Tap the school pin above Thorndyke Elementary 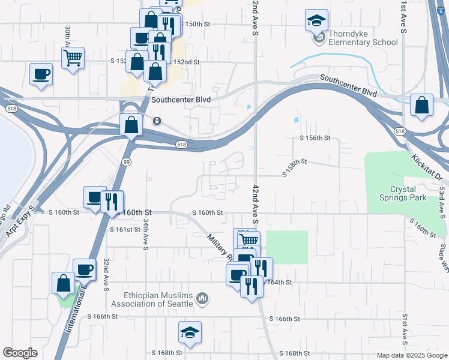(316, 22)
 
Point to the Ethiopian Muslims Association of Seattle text (158, 299)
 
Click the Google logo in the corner (20, 353)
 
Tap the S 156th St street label (315, 138)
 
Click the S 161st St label (124, 229)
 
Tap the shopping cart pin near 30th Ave (73, 59)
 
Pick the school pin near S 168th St (190, 332)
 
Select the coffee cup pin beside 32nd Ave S (84, 271)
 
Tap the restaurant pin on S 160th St (112, 202)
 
